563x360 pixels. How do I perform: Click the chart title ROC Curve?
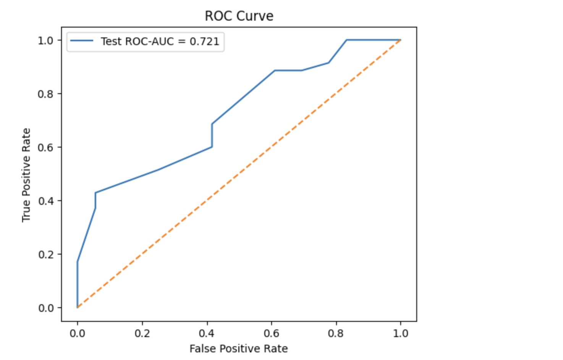239,16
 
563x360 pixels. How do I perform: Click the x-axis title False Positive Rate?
239,349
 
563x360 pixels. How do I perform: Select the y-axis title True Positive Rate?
26,175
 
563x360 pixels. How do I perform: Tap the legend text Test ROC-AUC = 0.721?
160,41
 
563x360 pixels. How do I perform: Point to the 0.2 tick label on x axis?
142,334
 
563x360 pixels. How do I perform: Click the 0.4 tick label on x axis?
207,334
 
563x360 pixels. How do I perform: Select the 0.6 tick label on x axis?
271,334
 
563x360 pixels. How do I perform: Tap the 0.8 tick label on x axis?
336,334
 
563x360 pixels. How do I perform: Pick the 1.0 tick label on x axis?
401,334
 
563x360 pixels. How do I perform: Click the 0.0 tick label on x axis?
78,334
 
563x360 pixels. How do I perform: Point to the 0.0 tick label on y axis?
46,308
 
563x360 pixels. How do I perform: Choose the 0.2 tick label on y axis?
46,255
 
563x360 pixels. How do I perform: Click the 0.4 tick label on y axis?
46,201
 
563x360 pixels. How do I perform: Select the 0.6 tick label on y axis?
46,148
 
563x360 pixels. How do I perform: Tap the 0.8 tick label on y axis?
46,94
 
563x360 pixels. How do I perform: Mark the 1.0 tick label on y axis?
46,41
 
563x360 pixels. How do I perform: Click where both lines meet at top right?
401,40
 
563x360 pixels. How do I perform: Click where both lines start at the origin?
78,307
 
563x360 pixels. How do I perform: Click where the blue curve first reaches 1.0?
346,40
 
